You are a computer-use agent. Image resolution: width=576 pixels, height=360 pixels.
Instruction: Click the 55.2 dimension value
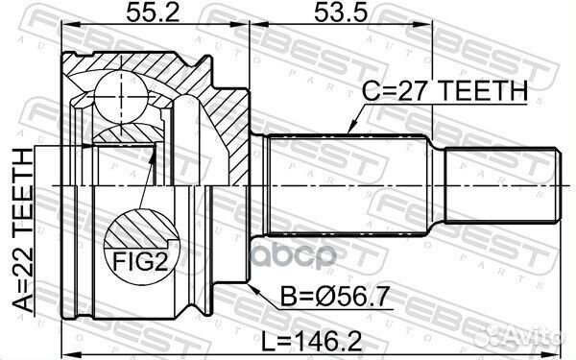pos(153,12)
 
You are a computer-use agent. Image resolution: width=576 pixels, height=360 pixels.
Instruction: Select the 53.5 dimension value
pos(341,12)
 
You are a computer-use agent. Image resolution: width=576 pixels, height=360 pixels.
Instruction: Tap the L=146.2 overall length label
pos(311,342)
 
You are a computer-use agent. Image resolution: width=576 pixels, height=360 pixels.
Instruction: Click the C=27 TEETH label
pos(444,91)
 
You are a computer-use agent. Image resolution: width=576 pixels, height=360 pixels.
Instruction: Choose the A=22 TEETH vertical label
pos(23,230)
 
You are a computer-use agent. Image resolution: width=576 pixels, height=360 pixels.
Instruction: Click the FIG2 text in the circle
pos(140,261)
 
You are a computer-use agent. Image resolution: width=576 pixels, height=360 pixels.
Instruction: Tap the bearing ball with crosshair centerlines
pos(121,96)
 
